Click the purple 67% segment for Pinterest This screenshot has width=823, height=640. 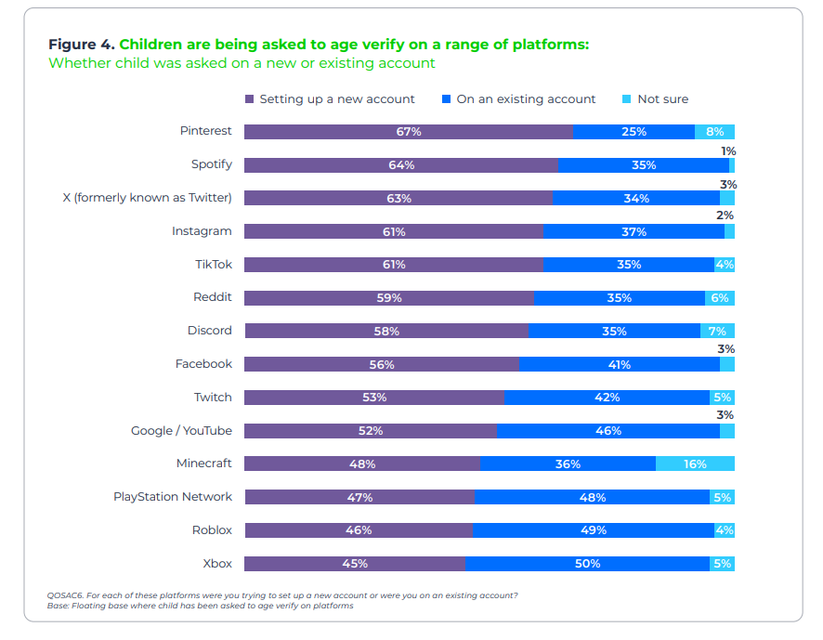[409, 132]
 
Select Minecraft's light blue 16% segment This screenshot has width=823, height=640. [695, 464]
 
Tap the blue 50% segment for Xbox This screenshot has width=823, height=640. [587, 564]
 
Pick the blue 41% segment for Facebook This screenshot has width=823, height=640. [620, 364]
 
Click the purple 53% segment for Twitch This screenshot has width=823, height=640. [374, 398]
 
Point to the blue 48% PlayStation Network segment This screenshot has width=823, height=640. [592, 497]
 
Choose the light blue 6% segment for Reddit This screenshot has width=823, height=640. [720, 298]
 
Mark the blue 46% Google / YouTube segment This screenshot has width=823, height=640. [608, 431]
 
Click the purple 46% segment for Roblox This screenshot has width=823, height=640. [359, 530]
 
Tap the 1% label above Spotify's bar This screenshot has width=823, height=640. [728, 151]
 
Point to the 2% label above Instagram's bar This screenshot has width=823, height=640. [725, 216]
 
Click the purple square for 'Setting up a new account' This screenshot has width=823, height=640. [249, 98]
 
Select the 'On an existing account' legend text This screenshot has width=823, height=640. [526, 99]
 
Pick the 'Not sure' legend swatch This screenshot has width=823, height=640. [626, 98]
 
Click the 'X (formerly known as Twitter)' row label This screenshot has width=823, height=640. [147, 198]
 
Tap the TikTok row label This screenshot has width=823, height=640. [214, 265]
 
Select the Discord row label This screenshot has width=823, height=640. [209, 331]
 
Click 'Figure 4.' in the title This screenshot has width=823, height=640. [82, 45]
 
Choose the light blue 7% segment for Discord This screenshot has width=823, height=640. [717, 332]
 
